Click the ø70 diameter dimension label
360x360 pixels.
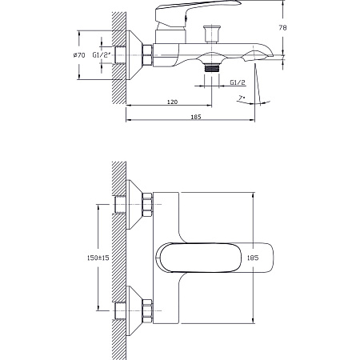coord(79,55)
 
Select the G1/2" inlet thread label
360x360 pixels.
coord(102,55)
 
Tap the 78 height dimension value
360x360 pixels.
coord(282,27)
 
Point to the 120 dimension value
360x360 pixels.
coord(172,102)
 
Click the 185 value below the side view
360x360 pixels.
coord(196,117)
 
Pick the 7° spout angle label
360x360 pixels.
coord(242,98)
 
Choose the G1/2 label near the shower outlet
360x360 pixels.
coord(238,82)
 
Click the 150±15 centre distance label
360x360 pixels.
coord(98,258)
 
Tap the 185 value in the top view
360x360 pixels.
coord(253,258)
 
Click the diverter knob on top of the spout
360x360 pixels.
coord(212,34)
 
